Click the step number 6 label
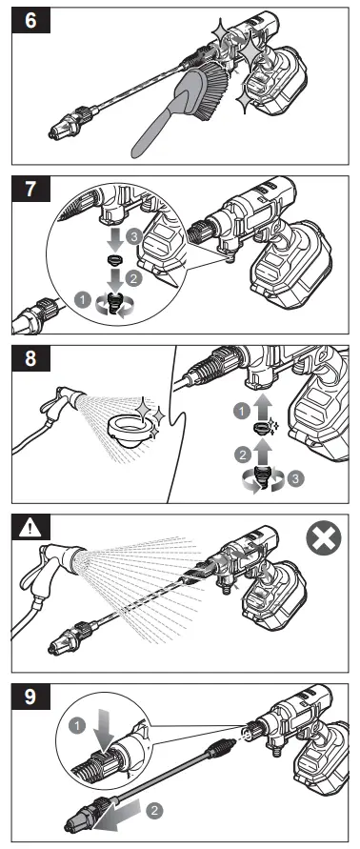point(31,21)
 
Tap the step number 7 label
point(31,190)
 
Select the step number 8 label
point(31,359)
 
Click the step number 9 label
point(31,697)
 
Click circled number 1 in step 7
point(82,298)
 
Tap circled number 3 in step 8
point(295,479)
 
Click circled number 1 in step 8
point(241,412)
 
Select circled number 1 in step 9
point(78,725)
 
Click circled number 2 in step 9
point(154,811)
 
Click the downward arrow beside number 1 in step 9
point(103,732)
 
